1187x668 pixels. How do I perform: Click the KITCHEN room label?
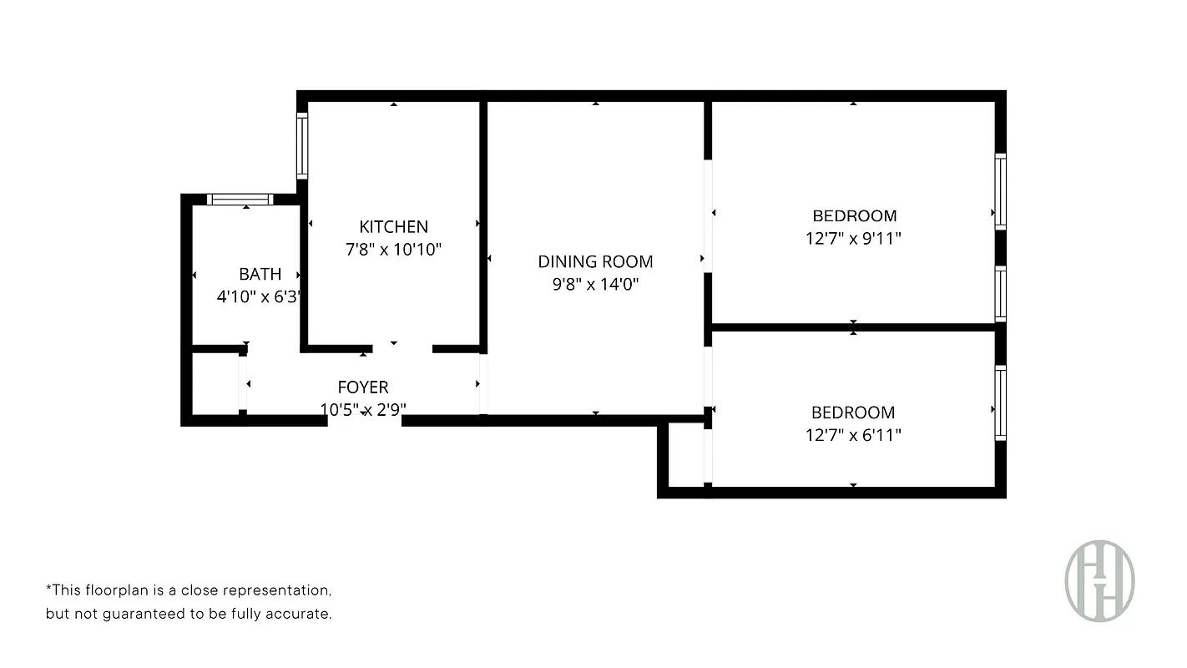393,226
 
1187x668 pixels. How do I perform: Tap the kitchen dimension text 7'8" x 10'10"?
393,249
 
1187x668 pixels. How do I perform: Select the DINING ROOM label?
595,261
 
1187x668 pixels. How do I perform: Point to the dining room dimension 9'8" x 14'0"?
595,284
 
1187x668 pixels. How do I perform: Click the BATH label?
260,274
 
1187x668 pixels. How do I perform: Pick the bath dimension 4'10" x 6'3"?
258,296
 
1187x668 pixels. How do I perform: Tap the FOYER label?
362,387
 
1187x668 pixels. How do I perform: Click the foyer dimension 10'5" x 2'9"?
363,409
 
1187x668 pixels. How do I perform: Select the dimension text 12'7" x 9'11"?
853,238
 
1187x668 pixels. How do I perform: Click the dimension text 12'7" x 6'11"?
853,434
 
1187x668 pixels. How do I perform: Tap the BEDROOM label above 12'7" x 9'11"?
854,215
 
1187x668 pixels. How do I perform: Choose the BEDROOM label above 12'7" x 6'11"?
853,412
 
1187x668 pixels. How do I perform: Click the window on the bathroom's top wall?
240,199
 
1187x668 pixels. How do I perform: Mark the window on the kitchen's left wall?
303,146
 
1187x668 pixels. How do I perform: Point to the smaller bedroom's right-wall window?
1000,402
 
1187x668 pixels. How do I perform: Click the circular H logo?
1099,580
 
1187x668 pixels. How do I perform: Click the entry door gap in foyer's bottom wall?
364,420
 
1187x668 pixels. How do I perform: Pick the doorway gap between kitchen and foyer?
402,347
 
